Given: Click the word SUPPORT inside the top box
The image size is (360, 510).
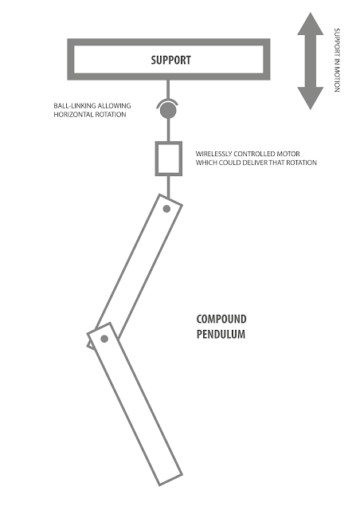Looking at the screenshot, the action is pyautogui.click(x=170, y=61).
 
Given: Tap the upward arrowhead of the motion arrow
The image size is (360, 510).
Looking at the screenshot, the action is pyautogui.click(x=311, y=25).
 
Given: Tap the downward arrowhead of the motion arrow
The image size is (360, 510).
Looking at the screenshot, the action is pyautogui.click(x=311, y=98).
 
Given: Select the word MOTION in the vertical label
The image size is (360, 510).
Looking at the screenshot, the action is pyautogui.click(x=337, y=80).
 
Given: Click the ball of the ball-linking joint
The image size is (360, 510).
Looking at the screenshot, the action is pyautogui.click(x=168, y=111).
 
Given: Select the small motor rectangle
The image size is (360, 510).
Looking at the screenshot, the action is pyautogui.click(x=169, y=159).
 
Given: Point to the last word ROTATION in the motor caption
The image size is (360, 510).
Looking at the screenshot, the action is pyautogui.click(x=301, y=163).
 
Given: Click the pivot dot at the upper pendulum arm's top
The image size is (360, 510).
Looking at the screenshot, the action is pyautogui.click(x=166, y=209).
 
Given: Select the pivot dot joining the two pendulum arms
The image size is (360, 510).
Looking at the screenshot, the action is pyautogui.click(x=104, y=339).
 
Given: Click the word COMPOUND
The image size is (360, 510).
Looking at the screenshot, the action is pyautogui.click(x=221, y=319).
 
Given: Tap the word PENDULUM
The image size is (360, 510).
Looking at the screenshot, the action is pyautogui.click(x=221, y=335).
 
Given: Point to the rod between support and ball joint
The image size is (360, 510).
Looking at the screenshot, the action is pyautogui.click(x=168, y=90).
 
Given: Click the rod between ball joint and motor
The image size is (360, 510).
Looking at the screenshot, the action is pyautogui.click(x=168, y=130).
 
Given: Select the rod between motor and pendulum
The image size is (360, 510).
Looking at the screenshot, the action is pyautogui.click(x=168, y=186).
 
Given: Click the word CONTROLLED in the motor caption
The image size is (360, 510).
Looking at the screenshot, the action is pyautogui.click(x=254, y=154).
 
